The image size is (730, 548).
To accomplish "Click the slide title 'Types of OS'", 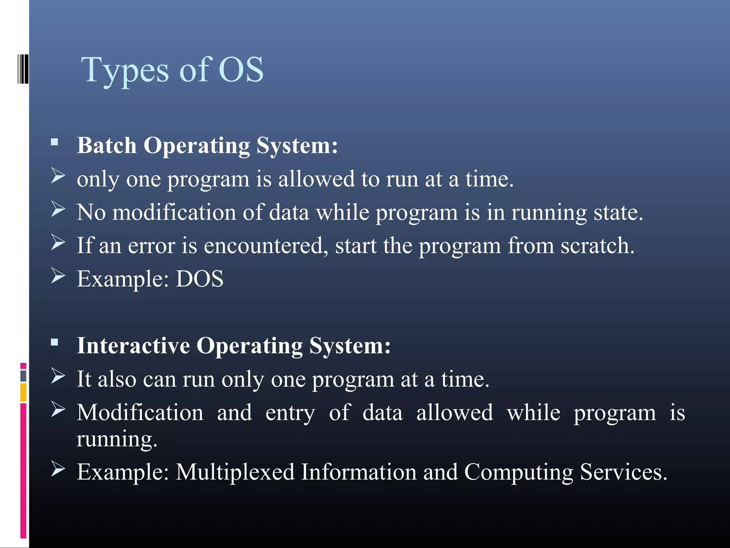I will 172,70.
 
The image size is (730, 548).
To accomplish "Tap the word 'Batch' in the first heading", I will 107,146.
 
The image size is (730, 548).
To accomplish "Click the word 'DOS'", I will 200,279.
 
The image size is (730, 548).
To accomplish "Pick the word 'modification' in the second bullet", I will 174,212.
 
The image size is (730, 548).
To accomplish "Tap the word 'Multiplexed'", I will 235,472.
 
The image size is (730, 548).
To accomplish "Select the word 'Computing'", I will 519,472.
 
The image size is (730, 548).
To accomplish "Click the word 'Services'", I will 623,472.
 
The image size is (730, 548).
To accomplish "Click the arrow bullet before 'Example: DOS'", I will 58,275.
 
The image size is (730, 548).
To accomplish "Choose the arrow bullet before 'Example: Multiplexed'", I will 58,469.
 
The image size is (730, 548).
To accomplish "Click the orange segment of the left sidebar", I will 23,392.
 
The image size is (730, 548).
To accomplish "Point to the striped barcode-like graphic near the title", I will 23,69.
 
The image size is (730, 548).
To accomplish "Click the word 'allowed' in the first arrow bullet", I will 316,179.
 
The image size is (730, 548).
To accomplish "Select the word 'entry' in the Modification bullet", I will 290,413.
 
